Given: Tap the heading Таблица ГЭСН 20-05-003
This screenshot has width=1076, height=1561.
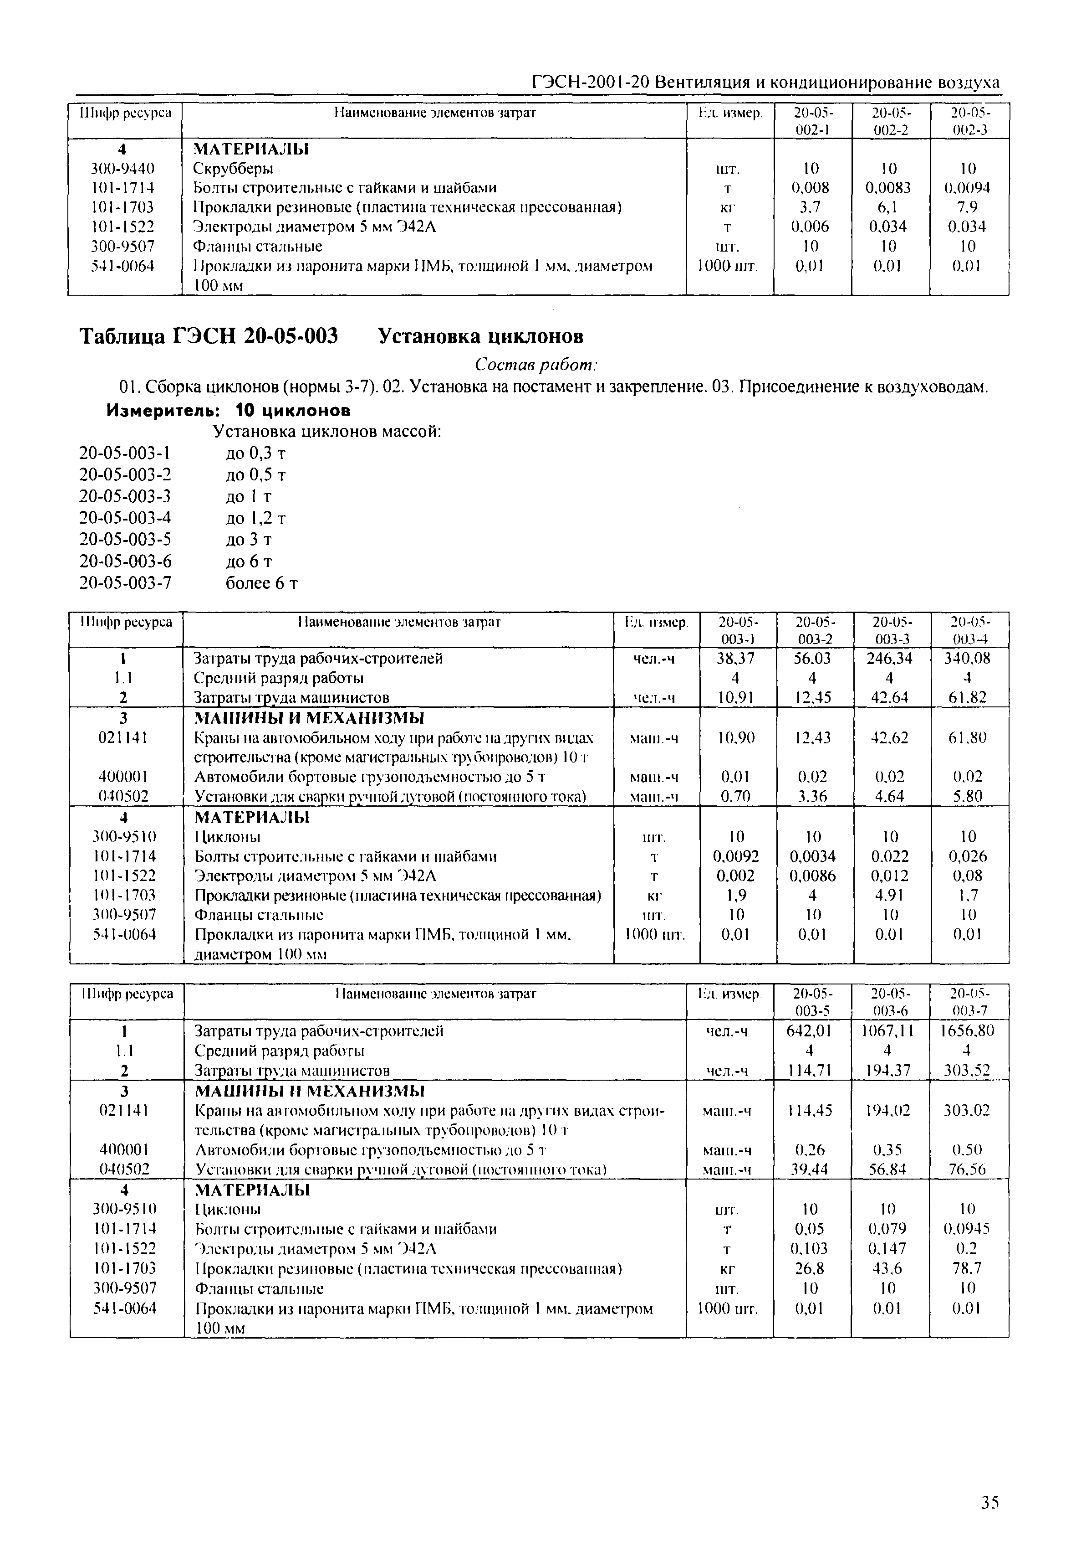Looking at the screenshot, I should [209, 335].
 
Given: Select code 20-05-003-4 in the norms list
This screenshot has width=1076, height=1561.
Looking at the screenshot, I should [125, 518].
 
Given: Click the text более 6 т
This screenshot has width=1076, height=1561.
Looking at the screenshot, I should [261, 583].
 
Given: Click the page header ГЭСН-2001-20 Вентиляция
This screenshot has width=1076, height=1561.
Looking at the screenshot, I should [765, 82].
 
